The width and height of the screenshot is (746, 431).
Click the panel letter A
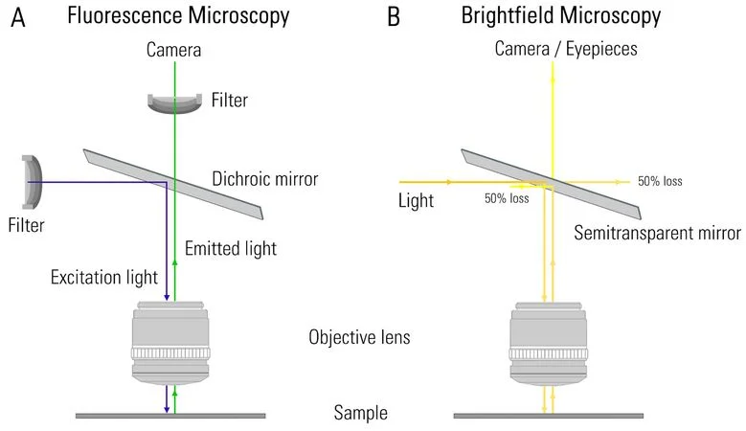point(17,16)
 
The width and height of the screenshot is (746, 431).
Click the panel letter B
point(392,16)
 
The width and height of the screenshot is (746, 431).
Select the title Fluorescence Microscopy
point(179,16)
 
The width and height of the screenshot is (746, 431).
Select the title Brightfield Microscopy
point(560,16)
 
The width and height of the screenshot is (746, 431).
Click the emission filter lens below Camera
point(173,102)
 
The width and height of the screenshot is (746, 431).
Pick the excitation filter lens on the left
point(33,181)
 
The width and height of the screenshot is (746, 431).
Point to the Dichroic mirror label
point(264,179)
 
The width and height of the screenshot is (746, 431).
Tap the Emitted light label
point(230,249)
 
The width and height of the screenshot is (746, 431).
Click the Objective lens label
point(360,337)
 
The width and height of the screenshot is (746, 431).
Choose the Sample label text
point(360,414)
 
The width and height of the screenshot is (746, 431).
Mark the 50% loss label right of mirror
point(660,181)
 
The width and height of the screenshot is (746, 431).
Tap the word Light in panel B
point(417,201)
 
